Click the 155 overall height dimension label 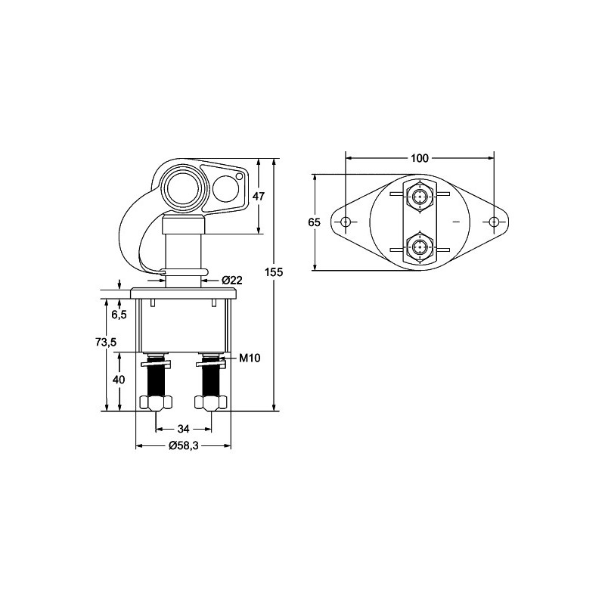[274, 272]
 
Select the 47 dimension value [259, 197]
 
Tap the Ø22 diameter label [233, 280]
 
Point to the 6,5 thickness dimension [119, 315]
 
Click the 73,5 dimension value [106, 342]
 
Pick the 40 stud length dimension [119, 380]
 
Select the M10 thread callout [250, 358]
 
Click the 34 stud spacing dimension [183, 429]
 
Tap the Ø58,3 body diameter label [183, 445]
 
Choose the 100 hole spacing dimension [420, 158]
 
